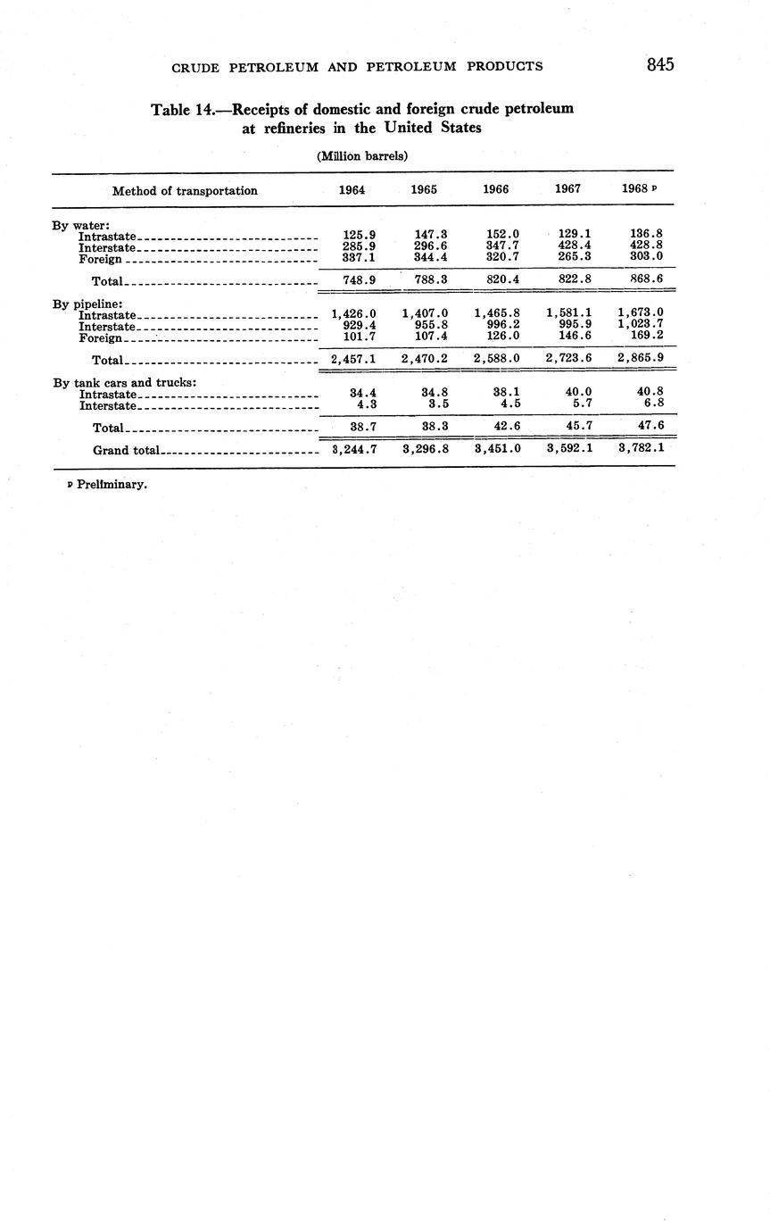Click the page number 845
660,64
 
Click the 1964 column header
352,190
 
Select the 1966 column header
495,190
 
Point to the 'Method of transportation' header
185,190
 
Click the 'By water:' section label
80,225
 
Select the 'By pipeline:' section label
87,304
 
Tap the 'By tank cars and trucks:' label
124,383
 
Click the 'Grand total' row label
126,450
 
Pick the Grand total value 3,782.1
641,448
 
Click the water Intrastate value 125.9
359,235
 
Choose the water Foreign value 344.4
431,257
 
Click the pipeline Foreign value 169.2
647,337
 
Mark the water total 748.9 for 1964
359,279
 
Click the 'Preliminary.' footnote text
111,485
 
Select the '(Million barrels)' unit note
362,156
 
